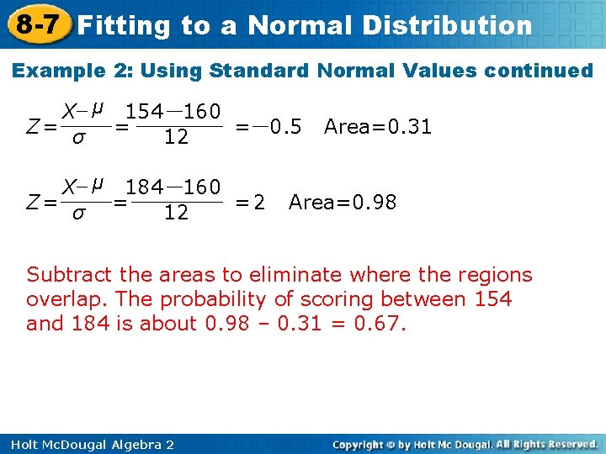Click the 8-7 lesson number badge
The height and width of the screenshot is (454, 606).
click(x=35, y=24)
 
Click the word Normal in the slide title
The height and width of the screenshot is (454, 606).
click(x=300, y=26)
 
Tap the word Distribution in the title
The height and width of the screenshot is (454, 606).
click(x=447, y=26)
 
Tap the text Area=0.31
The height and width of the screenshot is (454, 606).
click(x=378, y=127)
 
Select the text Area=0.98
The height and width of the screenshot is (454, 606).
click(x=343, y=203)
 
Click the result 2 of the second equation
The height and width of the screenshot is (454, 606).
click(x=259, y=203)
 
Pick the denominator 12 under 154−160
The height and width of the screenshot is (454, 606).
click(x=176, y=138)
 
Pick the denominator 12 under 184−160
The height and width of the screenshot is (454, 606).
click(x=176, y=214)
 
